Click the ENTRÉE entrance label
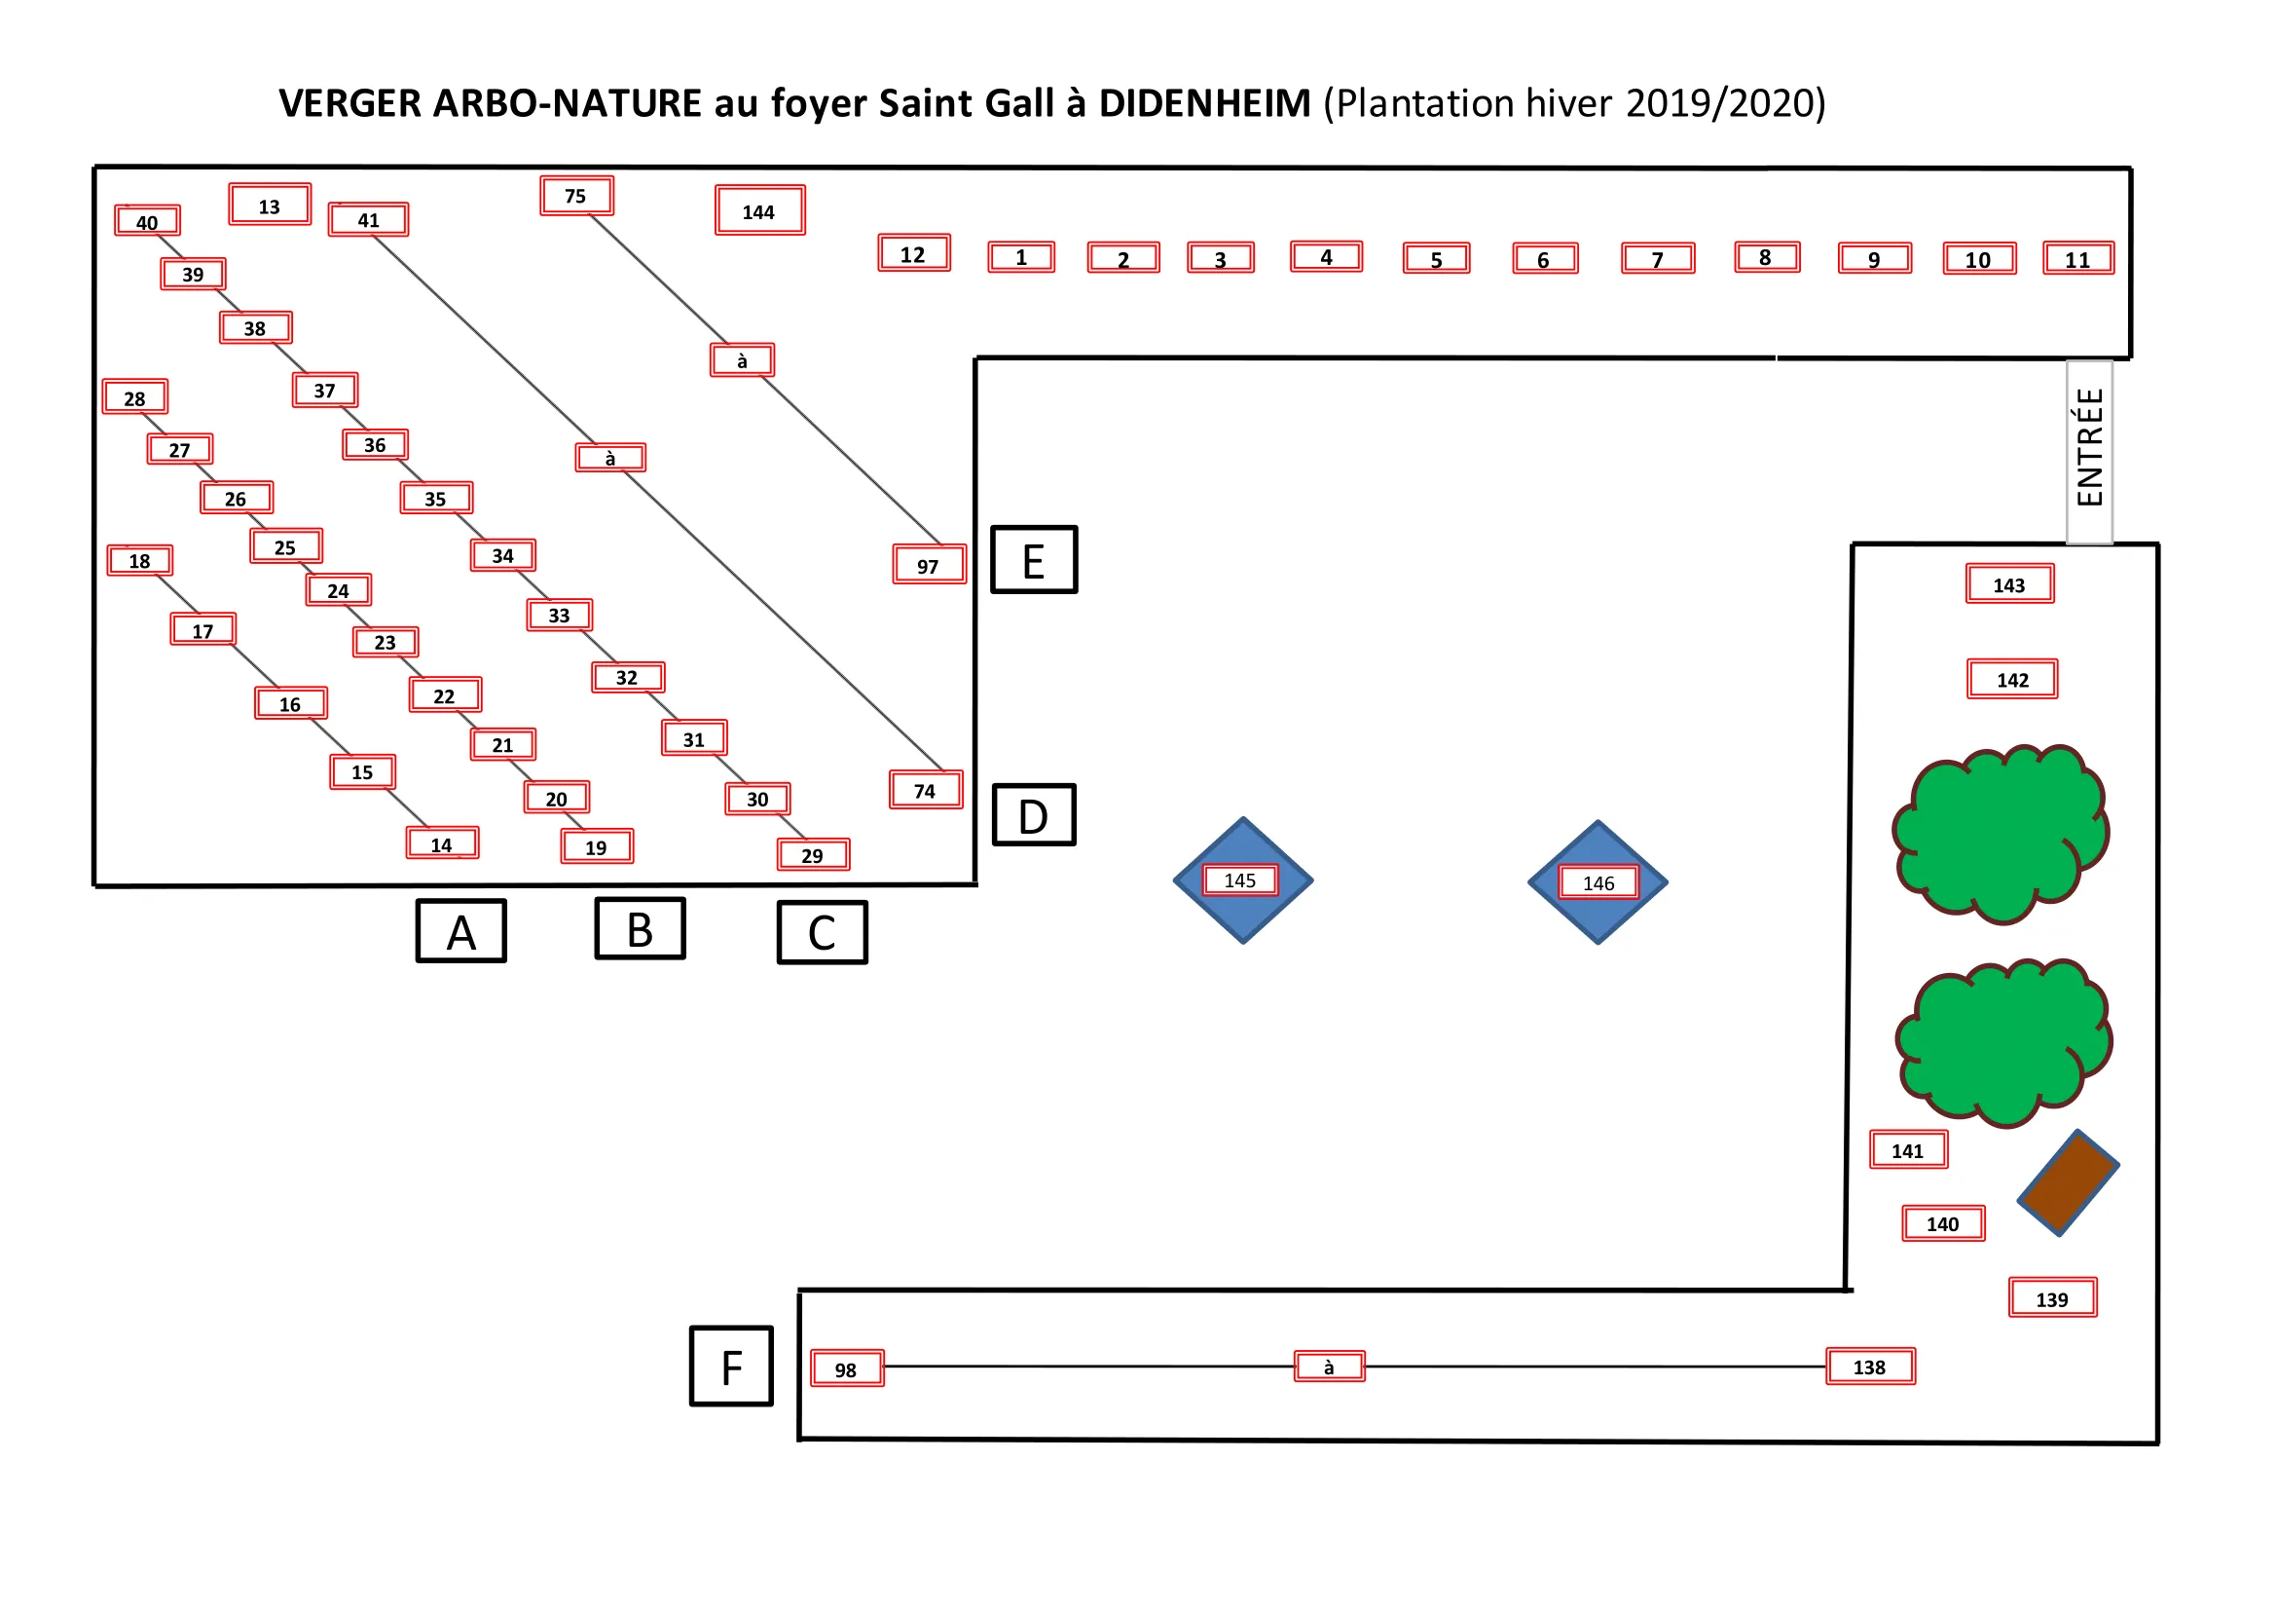click(x=2088, y=451)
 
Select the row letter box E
click(x=1034, y=560)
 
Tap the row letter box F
click(x=731, y=1366)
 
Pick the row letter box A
click(x=461, y=930)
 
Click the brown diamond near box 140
click(x=2068, y=1182)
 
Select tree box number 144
click(x=759, y=210)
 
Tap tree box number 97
click(x=929, y=565)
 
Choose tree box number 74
click(x=925, y=791)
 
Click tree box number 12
click(x=913, y=253)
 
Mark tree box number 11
click(x=2077, y=259)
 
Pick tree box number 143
click(x=2009, y=584)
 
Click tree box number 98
click(x=846, y=1368)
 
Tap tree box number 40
click(x=147, y=221)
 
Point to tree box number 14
click(x=442, y=843)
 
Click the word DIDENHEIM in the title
click(x=1204, y=103)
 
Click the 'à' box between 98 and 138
click(x=1329, y=1366)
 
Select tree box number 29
click(x=812, y=854)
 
